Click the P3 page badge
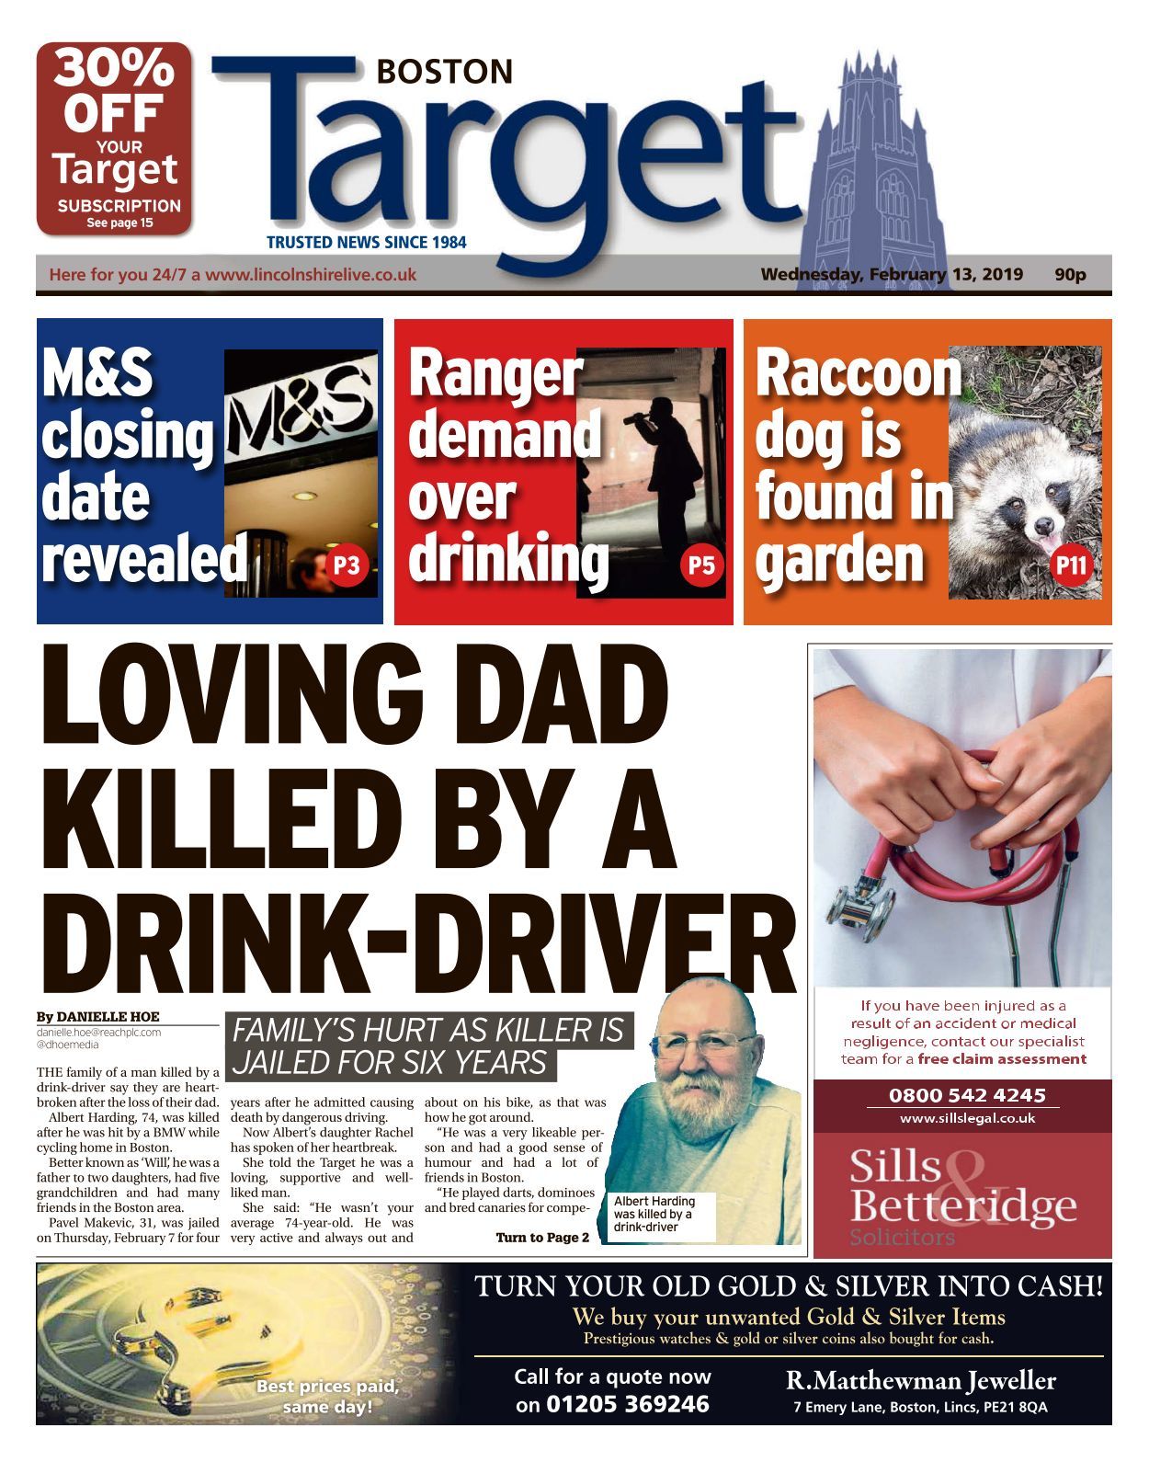coord(347,565)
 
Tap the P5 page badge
coord(701,565)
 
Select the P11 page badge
coord(1072,565)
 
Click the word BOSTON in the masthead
coord(445,72)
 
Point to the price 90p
coord(1070,274)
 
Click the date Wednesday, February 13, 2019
coord(891,274)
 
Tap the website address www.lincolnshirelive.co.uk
coord(310,275)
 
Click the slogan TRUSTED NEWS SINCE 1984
coord(366,243)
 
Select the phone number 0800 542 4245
coord(967,1095)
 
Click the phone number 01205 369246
coord(628,1404)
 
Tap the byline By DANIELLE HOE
coord(98,1016)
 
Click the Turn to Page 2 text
coord(542,1238)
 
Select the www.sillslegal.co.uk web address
coord(967,1118)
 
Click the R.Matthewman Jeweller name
coord(921,1380)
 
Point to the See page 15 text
coord(119,223)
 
